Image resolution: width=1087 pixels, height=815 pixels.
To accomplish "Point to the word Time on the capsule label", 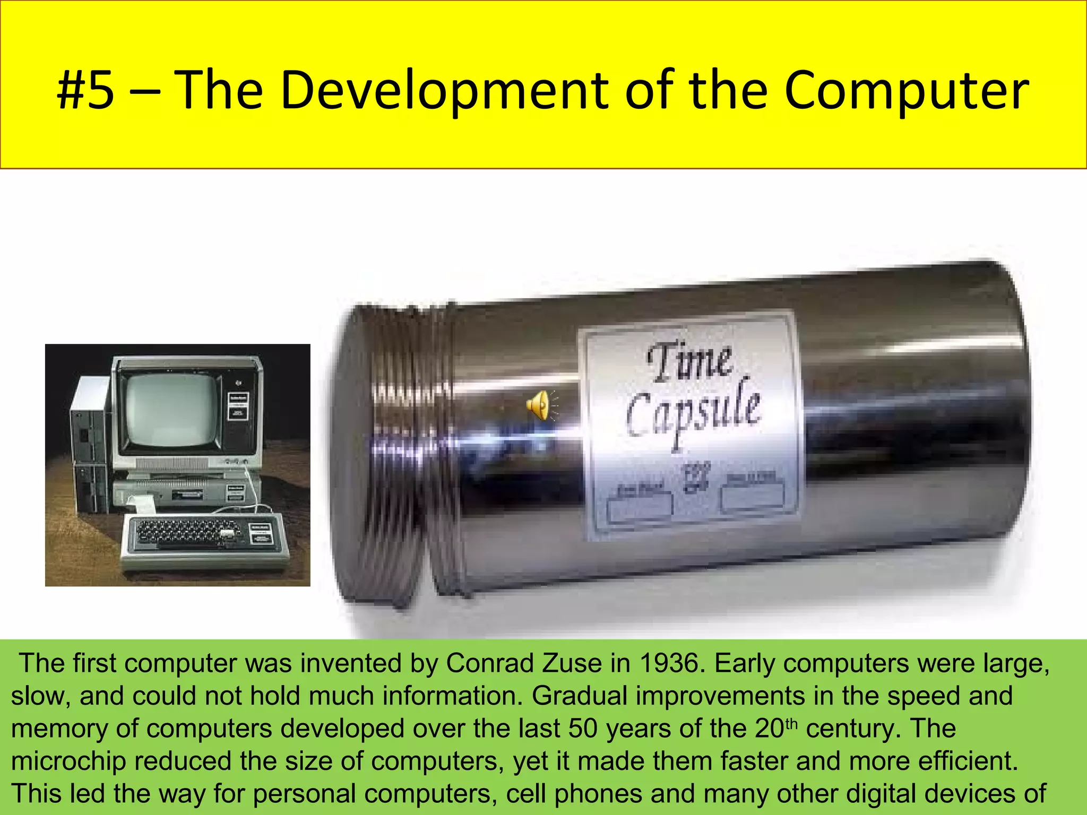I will pyautogui.click(x=690, y=362).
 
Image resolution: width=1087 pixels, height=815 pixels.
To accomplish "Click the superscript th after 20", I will pyautogui.click(x=791, y=724).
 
